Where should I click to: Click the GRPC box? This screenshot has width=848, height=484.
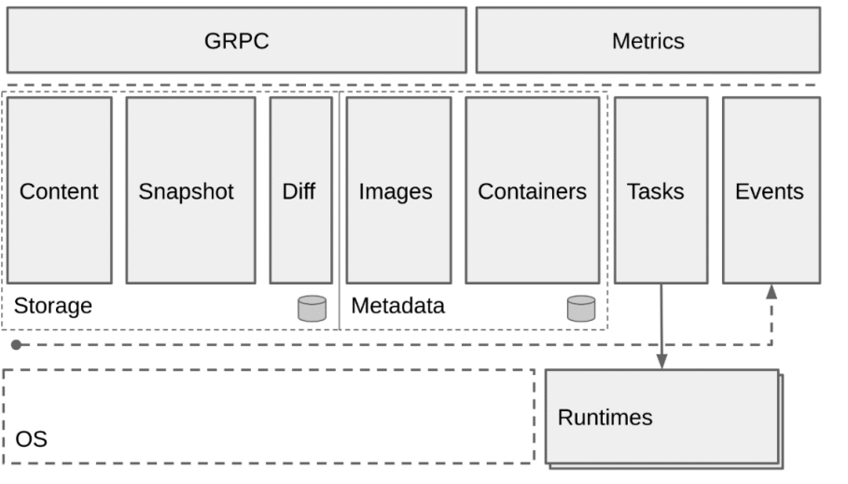point(236,40)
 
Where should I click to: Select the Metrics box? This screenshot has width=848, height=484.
point(647,40)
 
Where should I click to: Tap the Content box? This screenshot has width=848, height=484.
point(59,190)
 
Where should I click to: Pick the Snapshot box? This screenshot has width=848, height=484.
point(190,190)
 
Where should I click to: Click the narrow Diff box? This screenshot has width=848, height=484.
point(300,190)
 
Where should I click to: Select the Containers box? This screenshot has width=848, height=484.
point(532,190)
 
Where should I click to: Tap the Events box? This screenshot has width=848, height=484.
point(771,190)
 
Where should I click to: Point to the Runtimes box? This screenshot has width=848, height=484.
point(661,417)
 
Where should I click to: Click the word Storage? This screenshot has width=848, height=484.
point(53,306)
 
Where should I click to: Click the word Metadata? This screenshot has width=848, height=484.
point(397,306)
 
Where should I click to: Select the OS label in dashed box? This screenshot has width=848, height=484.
point(31,438)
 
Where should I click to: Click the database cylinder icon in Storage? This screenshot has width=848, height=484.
point(312,308)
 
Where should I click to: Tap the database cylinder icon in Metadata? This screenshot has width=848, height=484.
point(581,308)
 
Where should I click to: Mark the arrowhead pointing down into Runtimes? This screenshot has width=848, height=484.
point(661,361)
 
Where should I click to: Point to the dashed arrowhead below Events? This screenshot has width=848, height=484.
point(772,291)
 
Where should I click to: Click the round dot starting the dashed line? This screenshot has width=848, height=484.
point(16,345)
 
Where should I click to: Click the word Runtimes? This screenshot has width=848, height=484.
point(605,417)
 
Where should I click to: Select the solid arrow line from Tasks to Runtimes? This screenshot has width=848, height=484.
point(661,322)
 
